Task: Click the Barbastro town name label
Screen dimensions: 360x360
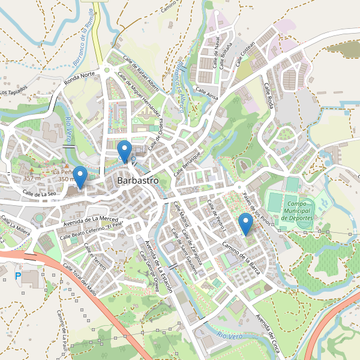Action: point(138,180)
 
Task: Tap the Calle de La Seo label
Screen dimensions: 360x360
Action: point(40,193)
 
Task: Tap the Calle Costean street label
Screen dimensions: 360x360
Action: point(246,53)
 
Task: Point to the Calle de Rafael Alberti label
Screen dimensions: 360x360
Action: point(141,73)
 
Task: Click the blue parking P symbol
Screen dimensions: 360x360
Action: point(17,275)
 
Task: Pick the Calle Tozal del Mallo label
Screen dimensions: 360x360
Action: point(79,280)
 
